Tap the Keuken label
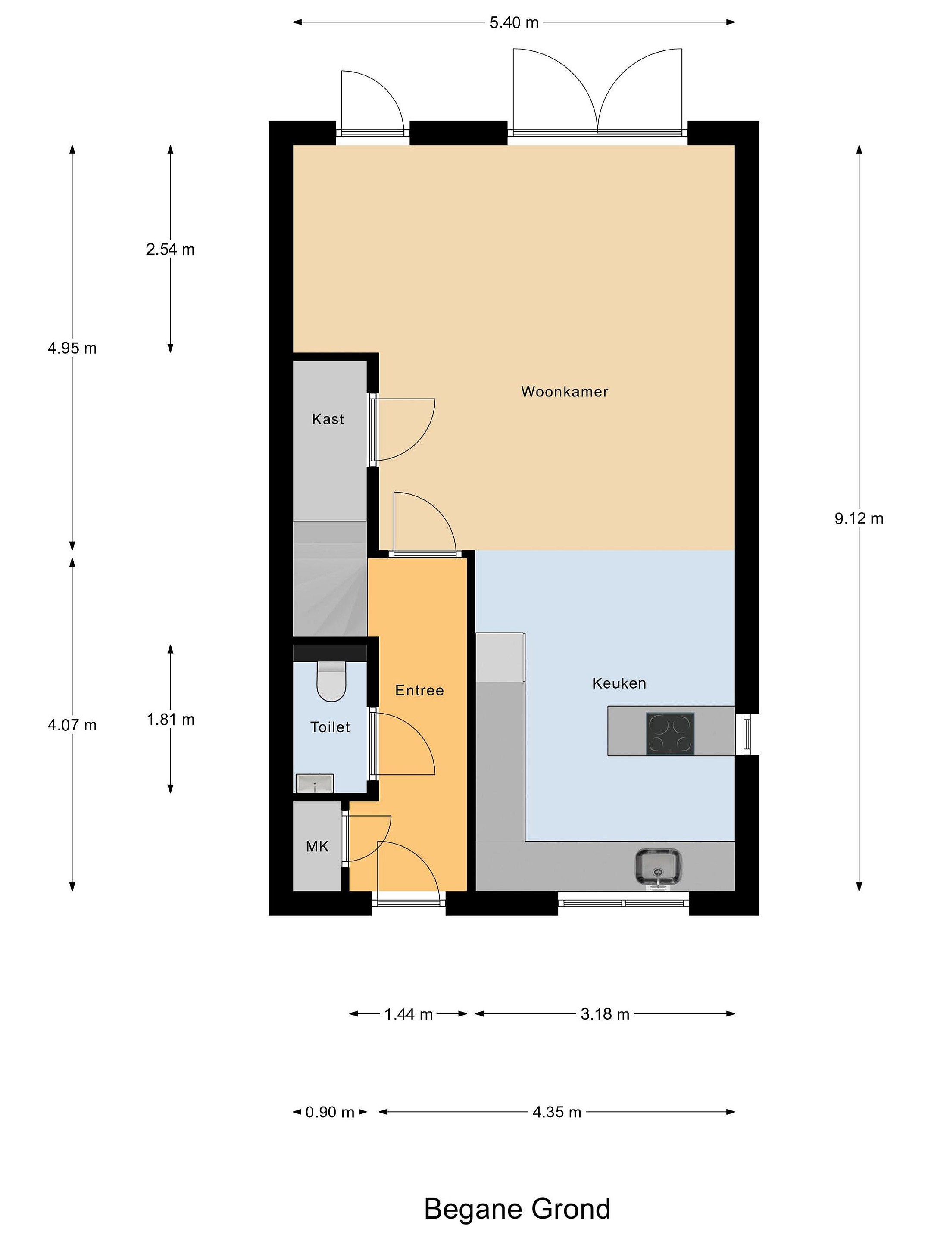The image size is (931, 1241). click(x=619, y=683)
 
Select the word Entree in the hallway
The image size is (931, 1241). click(x=419, y=691)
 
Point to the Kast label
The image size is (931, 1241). click(x=328, y=419)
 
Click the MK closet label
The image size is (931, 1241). click(x=317, y=847)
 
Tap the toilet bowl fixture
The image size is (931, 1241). click(x=331, y=681)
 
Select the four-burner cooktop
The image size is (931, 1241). click(x=670, y=733)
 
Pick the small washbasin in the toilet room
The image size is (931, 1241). click(x=315, y=783)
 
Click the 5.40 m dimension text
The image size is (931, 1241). click(x=514, y=23)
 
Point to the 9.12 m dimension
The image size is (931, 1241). click(x=859, y=519)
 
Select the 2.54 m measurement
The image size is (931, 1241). click(x=170, y=249)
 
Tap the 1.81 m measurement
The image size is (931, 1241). click(x=171, y=720)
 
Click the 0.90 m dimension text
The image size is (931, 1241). click(x=330, y=1112)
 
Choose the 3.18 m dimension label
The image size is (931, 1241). click(x=605, y=1014)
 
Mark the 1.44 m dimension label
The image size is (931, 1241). click(x=409, y=1014)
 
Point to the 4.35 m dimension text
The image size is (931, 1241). click(x=557, y=1112)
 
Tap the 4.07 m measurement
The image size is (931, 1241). click(x=72, y=725)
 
